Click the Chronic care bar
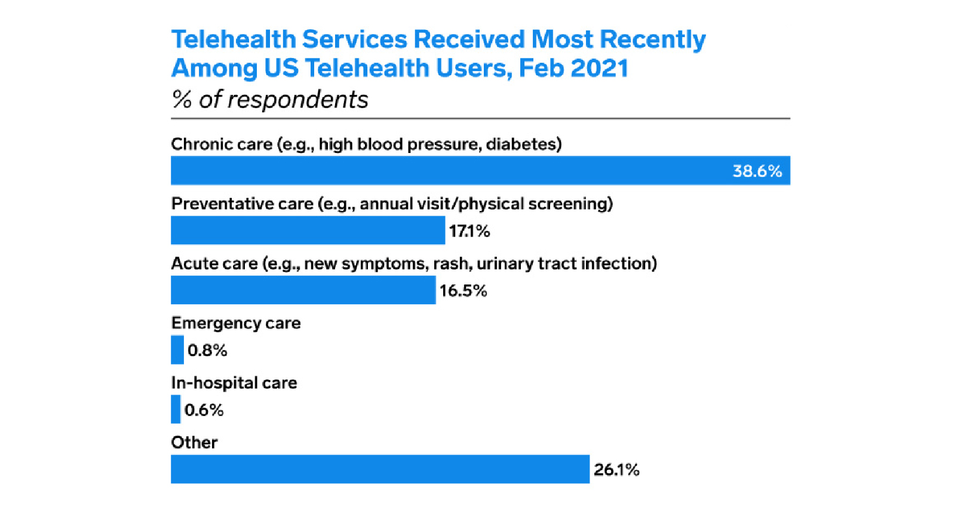(x=448, y=170)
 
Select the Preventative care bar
(x=308, y=230)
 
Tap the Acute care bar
(x=303, y=290)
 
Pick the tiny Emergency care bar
(x=177, y=350)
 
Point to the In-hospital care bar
(x=176, y=409)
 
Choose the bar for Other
(x=380, y=469)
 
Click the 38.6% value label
(x=757, y=172)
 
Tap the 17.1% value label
(x=469, y=231)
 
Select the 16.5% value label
(x=463, y=291)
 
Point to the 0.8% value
(x=207, y=350)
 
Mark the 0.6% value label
(x=204, y=410)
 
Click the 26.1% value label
(x=616, y=470)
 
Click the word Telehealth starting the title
(x=234, y=39)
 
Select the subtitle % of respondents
(x=269, y=99)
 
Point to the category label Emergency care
(x=236, y=323)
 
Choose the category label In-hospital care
(x=234, y=382)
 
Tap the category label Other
(x=194, y=442)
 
